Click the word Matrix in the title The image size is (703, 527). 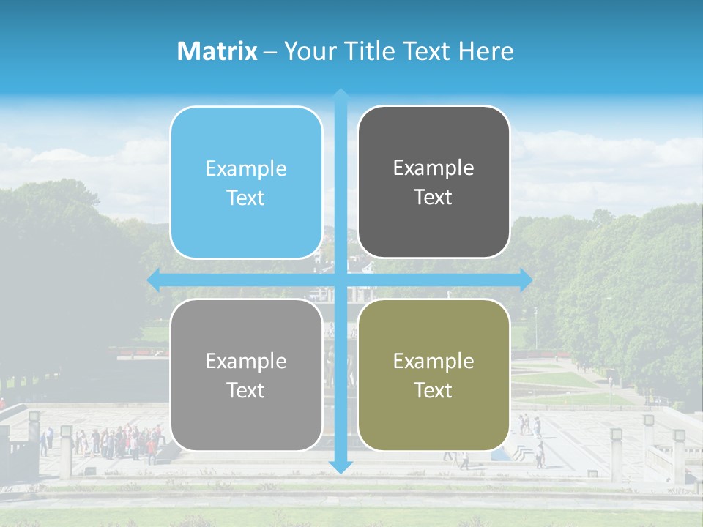click(x=217, y=51)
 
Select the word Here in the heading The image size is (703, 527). click(x=486, y=51)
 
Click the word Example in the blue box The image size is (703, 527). click(x=246, y=169)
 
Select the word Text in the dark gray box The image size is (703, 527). click(x=434, y=198)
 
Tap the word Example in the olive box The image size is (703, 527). click(x=434, y=361)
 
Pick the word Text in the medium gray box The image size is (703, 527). click(x=246, y=390)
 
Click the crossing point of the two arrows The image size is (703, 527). click(x=341, y=280)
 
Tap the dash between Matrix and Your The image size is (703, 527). click(x=270, y=51)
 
